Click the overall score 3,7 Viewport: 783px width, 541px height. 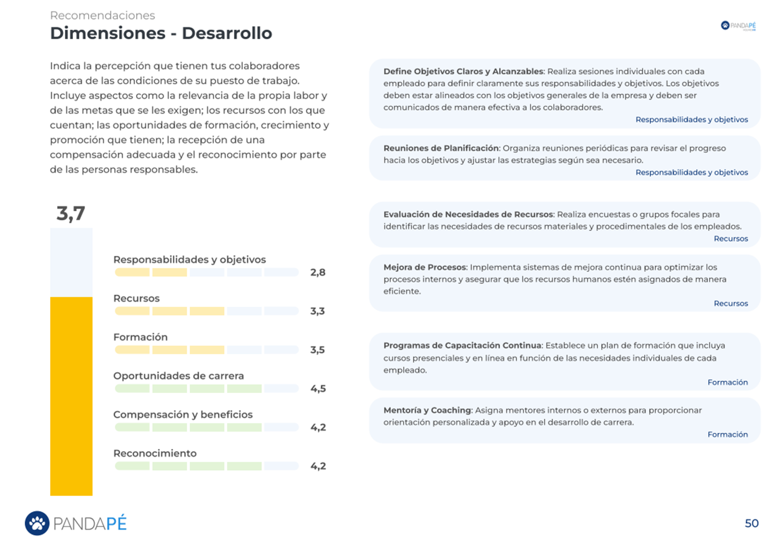[x=71, y=213]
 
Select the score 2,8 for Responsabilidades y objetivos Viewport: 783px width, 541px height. [x=318, y=272]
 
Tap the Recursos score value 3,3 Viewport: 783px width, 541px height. [x=317, y=311]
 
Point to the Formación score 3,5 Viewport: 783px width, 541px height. [x=317, y=350]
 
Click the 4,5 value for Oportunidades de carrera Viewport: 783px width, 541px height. [x=318, y=389]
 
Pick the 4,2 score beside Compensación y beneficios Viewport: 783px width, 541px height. [x=318, y=427]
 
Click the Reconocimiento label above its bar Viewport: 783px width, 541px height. [x=155, y=453]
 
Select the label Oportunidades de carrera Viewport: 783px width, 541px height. [x=178, y=376]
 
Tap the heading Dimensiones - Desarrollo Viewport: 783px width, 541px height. [x=161, y=33]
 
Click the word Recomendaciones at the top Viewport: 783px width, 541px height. [x=102, y=16]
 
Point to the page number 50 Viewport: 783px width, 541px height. [x=751, y=523]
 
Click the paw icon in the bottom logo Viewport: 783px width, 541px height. [x=37, y=523]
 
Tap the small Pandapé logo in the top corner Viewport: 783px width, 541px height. [x=738, y=26]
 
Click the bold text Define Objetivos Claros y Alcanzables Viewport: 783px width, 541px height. [x=463, y=72]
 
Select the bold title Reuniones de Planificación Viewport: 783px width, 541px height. [x=441, y=149]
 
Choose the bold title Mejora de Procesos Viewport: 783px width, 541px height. [x=425, y=267]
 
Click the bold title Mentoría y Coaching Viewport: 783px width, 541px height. [x=427, y=411]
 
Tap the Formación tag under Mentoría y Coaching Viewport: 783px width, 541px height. [x=727, y=434]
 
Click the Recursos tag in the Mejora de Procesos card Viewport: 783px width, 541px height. [x=730, y=303]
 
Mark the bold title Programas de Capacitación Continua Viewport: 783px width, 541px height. [x=462, y=346]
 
